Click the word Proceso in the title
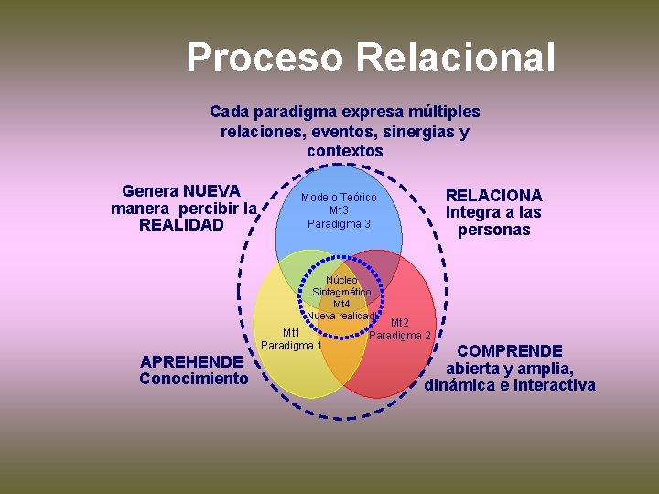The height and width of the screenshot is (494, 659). click(x=265, y=58)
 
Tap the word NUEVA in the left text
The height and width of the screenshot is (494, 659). click(x=211, y=191)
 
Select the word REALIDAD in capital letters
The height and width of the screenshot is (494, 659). click(x=181, y=225)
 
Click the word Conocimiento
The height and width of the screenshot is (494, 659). click(x=194, y=379)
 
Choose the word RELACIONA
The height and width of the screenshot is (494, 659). click(x=493, y=195)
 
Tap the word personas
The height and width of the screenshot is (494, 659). click(x=493, y=230)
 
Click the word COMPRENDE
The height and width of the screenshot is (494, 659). click(x=510, y=350)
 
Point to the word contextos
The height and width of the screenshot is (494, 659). click(x=344, y=150)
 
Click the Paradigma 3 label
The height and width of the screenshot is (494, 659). click(x=339, y=223)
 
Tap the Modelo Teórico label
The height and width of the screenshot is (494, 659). click(x=339, y=198)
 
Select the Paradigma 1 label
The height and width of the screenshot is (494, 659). click(x=291, y=346)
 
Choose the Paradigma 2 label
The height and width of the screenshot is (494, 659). click(x=400, y=335)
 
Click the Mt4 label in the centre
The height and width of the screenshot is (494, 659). click(x=341, y=304)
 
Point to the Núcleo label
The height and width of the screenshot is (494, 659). click(x=341, y=280)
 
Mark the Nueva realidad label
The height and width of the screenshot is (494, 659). click(x=340, y=316)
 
